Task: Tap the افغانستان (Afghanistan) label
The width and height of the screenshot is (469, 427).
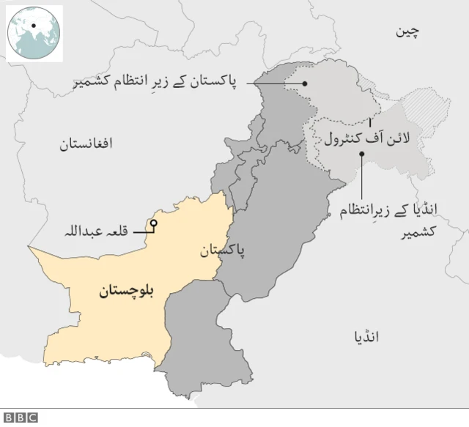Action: [x=86, y=144]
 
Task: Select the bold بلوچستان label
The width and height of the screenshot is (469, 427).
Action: [x=128, y=292]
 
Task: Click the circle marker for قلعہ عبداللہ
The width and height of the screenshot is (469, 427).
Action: [x=154, y=223]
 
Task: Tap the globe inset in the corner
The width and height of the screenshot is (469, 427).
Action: [x=34, y=32]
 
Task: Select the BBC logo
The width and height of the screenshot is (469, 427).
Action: [x=22, y=417]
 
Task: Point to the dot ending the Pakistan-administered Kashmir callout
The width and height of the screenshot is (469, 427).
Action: [x=306, y=82]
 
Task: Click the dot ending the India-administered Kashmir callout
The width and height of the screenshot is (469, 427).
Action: [x=362, y=155]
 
